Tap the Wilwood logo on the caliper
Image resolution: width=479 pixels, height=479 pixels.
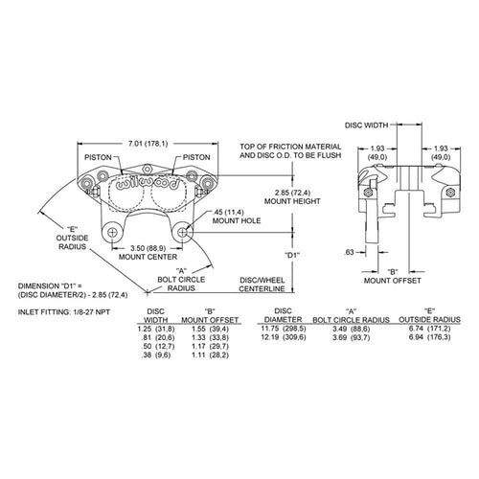pyautogui.click(x=148, y=184)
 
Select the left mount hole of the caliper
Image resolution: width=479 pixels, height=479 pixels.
pyautogui.click(x=112, y=233)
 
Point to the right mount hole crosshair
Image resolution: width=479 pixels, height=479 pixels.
pyautogui.click(x=182, y=233)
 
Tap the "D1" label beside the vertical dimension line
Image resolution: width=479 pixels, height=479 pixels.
pyautogui.click(x=292, y=255)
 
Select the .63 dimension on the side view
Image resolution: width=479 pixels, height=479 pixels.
pyautogui.click(x=350, y=252)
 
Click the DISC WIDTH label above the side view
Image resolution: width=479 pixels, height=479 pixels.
pyautogui.click(x=366, y=125)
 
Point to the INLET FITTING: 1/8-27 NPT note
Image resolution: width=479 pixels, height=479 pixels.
pyautogui.click(x=64, y=312)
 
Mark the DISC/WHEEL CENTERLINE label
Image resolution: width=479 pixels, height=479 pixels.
pyautogui.click(x=262, y=285)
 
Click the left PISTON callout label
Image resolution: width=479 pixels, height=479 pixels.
pyautogui.click(x=98, y=157)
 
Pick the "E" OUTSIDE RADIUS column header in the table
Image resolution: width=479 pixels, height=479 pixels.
pyautogui.click(x=429, y=315)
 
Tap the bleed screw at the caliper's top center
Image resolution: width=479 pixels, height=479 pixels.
pyautogui.click(x=147, y=169)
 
